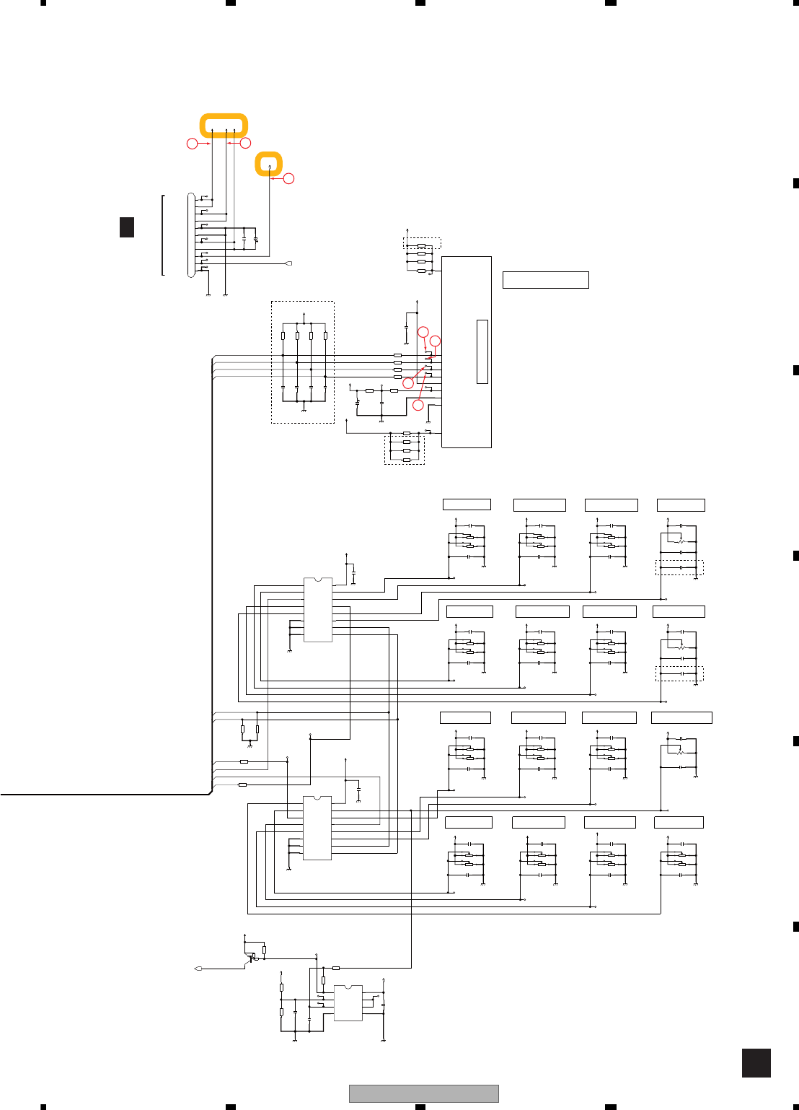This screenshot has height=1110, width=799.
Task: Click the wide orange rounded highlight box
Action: coord(224,125)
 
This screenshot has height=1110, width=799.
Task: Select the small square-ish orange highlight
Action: coord(269,164)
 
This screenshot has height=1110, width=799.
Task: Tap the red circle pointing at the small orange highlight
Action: coord(288,178)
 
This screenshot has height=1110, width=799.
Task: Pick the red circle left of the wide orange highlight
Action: coord(192,144)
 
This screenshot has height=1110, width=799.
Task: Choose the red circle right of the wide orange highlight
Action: coord(245,143)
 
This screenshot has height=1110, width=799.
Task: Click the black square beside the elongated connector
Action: coord(127,227)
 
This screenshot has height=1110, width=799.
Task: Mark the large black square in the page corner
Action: coord(756,1063)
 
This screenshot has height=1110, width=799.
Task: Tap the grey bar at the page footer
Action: coord(423,1093)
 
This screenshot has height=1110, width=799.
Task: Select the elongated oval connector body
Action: coord(191,235)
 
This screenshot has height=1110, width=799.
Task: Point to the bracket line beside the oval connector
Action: coord(163,235)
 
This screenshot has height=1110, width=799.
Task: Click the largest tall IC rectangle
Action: coord(467,351)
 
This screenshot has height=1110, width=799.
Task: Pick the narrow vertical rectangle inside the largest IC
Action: coord(482,351)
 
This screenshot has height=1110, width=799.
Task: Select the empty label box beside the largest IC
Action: coord(545,280)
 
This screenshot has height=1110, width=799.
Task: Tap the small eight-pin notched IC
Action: coord(348,1002)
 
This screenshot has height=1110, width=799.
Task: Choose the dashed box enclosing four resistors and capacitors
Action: coord(303,362)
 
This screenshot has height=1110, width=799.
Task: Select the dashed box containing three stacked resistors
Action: coord(405,449)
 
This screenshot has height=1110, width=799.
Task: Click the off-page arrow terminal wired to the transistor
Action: coord(198,969)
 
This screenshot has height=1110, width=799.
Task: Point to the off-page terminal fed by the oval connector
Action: coord(288,263)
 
